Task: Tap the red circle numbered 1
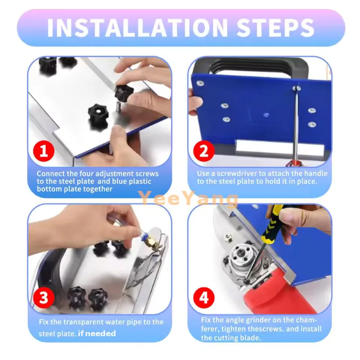44,151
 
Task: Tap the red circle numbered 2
204,151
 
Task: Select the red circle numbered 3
44,297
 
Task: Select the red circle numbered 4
204,297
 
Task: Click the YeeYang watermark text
188,198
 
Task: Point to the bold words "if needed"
97,333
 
